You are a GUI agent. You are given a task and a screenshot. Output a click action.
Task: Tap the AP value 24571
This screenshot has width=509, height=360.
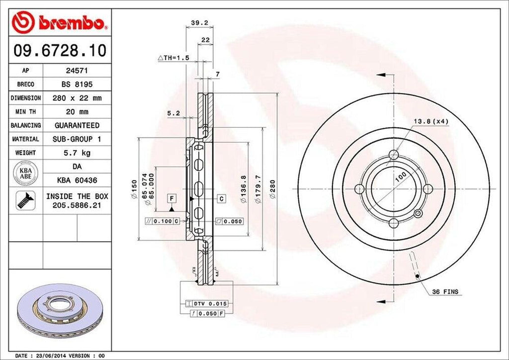(x=77, y=71)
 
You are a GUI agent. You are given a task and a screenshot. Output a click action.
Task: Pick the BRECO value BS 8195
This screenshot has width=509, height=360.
(x=77, y=85)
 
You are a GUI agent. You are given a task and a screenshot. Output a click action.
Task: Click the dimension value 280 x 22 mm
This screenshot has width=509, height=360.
(x=77, y=98)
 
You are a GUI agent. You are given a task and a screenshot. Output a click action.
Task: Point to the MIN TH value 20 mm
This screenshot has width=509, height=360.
(x=77, y=111)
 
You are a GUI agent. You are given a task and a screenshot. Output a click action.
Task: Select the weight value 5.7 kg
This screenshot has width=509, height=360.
(x=77, y=153)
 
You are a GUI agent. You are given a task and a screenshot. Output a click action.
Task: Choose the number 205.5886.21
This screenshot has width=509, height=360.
(x=77, y=204)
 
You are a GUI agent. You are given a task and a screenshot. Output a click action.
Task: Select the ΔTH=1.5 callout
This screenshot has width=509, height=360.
(x=173, y=58)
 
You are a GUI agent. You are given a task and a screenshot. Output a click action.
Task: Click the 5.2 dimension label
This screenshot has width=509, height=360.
(x=173, y=113)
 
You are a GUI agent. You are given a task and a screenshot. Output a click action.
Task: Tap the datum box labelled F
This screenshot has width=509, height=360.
(x=172, y=198)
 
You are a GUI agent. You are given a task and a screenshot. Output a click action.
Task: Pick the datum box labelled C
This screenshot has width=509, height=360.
(x=221, y=198)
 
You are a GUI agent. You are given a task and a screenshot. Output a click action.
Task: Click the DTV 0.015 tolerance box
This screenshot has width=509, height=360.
(x=205, y=303)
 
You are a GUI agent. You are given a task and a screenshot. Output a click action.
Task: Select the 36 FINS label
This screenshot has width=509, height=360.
(x=445, y=291)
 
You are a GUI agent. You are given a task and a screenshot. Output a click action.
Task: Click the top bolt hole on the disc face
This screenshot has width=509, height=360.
(x=394, y=155)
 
